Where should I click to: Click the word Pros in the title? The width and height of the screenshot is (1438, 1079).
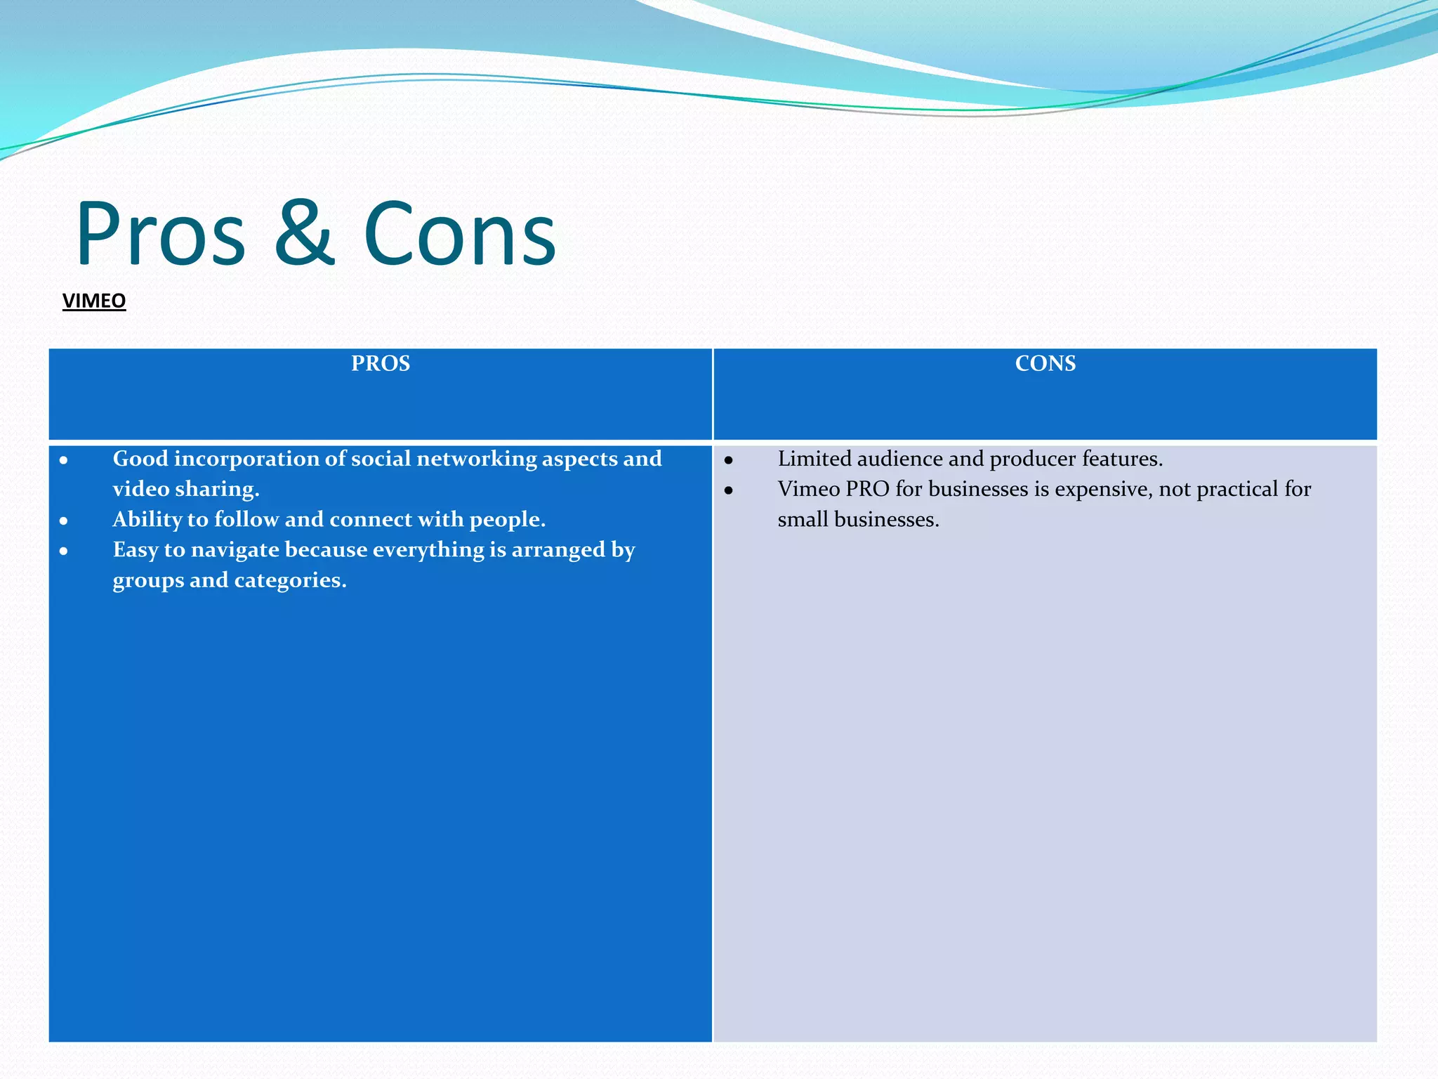[x=161, y=234]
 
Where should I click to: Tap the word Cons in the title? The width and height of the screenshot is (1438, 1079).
[x=460, y=234]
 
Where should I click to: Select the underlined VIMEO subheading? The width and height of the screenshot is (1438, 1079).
[x=94, y=301]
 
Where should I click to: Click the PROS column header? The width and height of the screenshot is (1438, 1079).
[x=381, y=363]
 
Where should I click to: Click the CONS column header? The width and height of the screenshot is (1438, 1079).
[x=1045, y=363]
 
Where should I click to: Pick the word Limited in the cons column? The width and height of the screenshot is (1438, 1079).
[x=814, y=459]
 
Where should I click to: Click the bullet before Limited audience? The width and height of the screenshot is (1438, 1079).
[x=729, y=461]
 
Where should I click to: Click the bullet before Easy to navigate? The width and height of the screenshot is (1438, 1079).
[x=64, y=551]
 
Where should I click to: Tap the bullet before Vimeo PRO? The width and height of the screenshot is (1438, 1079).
[x=729, y=491]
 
